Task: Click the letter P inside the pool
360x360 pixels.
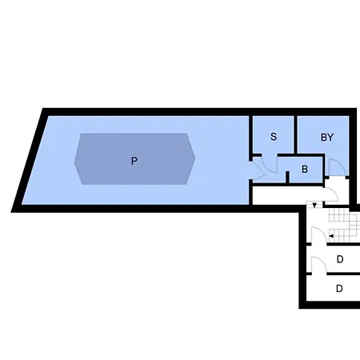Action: tap(134, 161)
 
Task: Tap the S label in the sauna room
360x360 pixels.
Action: tap(274, 137)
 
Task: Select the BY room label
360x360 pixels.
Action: tap(327, 137)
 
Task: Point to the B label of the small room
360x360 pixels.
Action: tap(305, 169)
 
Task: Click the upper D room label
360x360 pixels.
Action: tap(340, 259)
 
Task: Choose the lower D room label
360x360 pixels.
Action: tap(339, 289)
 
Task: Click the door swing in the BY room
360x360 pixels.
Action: tap(338, 167)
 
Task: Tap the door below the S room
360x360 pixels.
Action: tap(270, 163)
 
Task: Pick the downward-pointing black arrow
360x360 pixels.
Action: tap(314, 206)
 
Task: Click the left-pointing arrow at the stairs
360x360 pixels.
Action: tap(331, 236)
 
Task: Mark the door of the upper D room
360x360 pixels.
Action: tap(319, 265)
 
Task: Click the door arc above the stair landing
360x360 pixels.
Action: tap(330, 194)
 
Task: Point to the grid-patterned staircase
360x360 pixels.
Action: tap(343, 226)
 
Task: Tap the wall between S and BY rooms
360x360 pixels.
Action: tap(295, 134)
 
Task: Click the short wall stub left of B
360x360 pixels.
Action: tap(287, 177)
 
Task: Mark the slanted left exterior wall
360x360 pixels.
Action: tap(30, 160)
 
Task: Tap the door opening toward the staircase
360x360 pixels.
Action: tap(319, 235)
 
